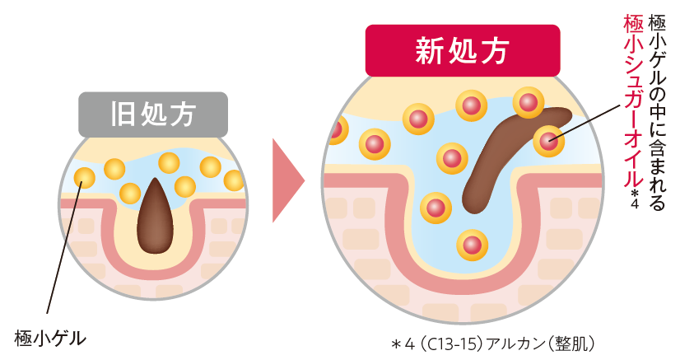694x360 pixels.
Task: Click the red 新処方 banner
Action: coord(463,51)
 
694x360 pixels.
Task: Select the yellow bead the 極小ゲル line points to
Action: coord(84,176)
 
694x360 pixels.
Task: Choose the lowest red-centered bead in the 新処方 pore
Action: coord(472,245)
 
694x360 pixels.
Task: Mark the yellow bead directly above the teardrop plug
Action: coord(170,162)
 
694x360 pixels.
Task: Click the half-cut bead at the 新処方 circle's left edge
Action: coord(338,131)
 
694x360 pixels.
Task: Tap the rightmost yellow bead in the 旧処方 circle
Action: coord(235,180)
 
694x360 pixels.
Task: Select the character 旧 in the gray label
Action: coord(121,115)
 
